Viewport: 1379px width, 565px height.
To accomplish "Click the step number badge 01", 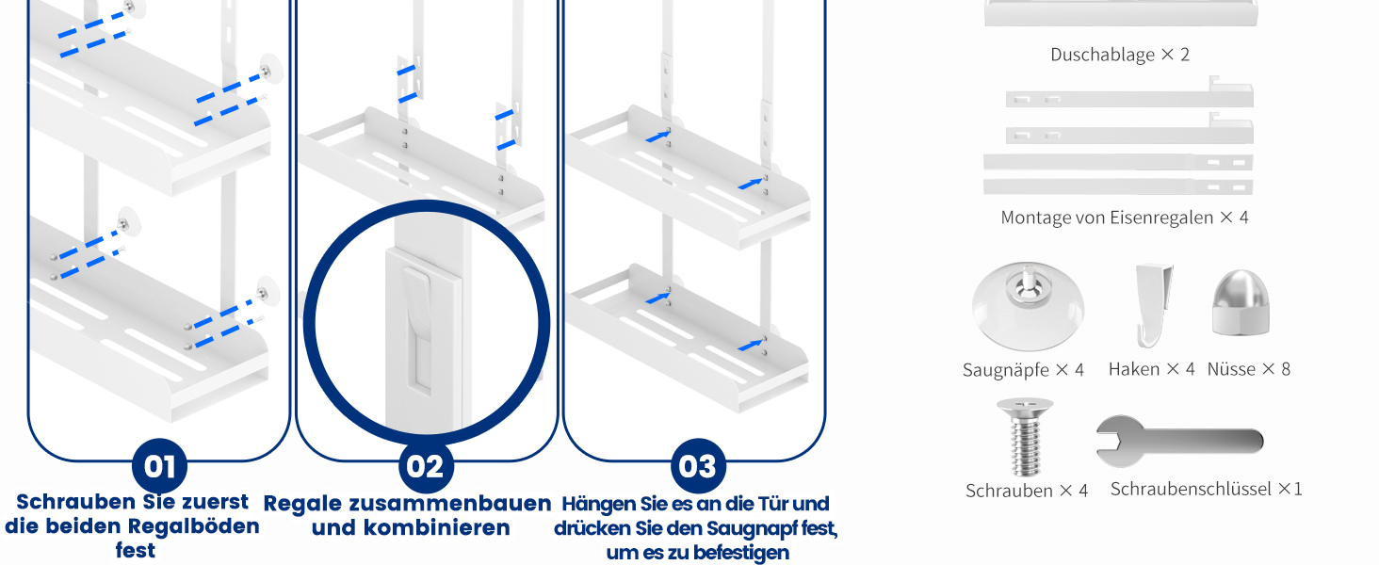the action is point(159,466).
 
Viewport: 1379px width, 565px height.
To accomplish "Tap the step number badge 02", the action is point(426,466).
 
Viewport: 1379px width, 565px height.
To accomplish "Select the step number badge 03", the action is point(698,466).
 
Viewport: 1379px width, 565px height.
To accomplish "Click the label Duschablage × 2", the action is point(1120,55).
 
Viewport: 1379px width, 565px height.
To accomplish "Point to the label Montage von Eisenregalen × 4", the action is point(1125,218).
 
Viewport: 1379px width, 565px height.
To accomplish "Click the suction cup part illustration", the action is point(1028,306).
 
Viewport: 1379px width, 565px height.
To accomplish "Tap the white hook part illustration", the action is point(1153,305).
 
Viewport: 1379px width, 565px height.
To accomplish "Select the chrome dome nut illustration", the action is point(1241,303).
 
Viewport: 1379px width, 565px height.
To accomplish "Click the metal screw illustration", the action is point(1025,436).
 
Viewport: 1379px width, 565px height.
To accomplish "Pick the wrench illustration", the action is point(1179,441).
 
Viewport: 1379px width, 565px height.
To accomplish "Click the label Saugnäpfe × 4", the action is point(1023,370).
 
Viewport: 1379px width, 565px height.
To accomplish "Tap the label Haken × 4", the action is point(1151,369).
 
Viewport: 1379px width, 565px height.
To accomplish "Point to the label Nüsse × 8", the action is point(1248,369).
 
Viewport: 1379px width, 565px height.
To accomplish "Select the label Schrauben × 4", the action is point(1027,491).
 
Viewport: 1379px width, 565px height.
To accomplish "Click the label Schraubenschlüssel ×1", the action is point(1206,490).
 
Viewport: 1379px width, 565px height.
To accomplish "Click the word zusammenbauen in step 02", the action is point(450,504).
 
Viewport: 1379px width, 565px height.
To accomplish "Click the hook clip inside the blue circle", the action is point(418,297).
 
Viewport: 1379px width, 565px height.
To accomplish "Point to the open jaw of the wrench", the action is point(1107,441).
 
